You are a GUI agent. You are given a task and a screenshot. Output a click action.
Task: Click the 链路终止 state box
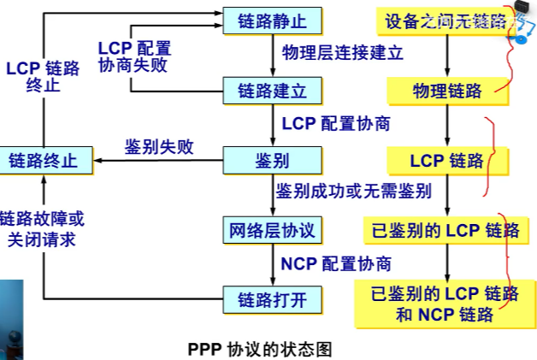(42, 160)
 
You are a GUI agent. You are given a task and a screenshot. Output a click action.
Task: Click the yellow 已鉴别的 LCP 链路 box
(445, 230)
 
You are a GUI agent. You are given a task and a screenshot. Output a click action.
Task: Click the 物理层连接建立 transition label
(342, 53)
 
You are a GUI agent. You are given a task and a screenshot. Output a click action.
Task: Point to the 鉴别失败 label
(159, 147)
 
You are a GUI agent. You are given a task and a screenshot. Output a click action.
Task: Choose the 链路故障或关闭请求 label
(42, 229)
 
